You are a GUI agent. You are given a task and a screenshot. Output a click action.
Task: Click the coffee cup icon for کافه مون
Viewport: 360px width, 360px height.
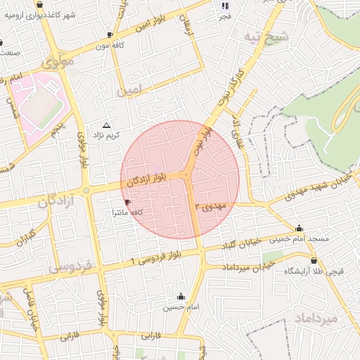(x=110, y=34)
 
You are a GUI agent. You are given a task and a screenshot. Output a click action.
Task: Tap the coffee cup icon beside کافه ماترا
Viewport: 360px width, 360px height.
(x=127, y=202)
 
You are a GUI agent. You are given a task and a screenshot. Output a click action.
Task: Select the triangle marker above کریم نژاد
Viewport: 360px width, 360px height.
(x=106, y=124)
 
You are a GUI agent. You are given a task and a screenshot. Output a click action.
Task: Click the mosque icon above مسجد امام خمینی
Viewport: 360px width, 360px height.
(x=300, y=228)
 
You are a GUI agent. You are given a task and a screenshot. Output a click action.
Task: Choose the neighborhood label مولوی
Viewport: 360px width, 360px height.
(x=58, y=63)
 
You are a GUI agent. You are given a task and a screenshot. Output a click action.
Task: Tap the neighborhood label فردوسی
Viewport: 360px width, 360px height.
(x=70, y=267)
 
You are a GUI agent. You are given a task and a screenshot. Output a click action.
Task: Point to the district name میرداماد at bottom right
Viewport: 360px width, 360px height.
(x=316, y=318)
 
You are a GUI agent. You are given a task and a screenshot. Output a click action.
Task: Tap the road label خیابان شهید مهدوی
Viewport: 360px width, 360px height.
(x=321, y=184)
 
